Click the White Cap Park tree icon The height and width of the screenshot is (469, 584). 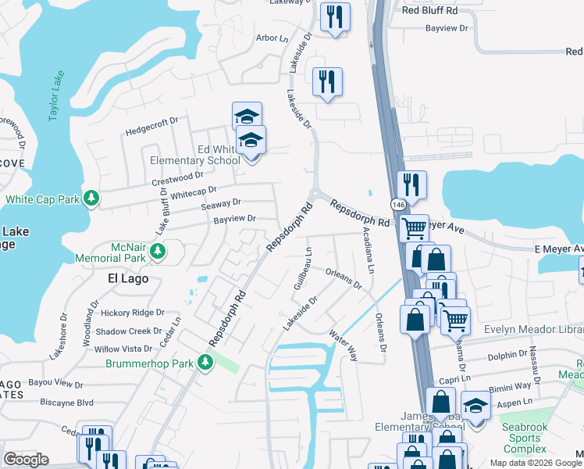click(x=92, y=199)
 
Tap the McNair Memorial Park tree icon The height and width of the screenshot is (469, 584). click(x=158, y=251)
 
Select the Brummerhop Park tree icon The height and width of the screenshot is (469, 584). click(x=205, y=362)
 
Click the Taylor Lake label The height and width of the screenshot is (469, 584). click(x=55, y=98)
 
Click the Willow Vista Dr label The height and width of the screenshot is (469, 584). click(x=123, y=349)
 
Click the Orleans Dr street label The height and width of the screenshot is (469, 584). click(x=344, y=279)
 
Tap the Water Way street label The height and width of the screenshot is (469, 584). click(x=343, y=344)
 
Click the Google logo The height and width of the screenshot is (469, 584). click(x=26, y=460)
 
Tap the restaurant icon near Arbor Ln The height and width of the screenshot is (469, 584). click(x=335, y=16)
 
